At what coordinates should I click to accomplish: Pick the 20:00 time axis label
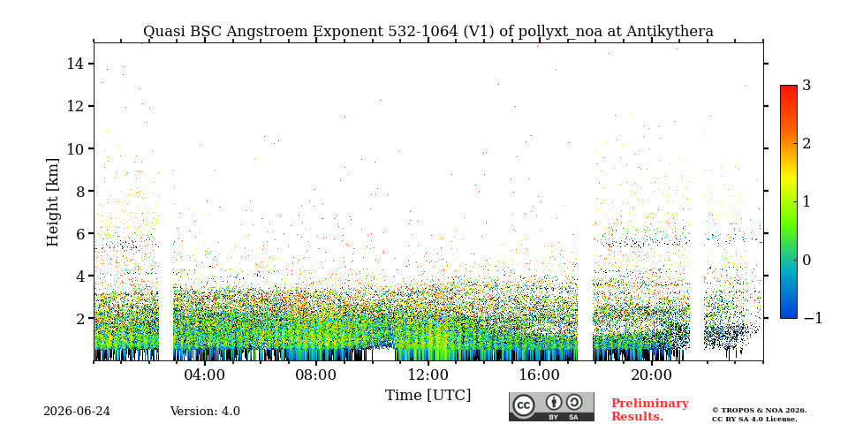click(651, 375)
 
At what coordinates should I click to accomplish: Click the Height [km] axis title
click(52, 202)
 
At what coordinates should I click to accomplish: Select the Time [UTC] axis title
click(428, 396)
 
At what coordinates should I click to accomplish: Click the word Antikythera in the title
click(670, 32)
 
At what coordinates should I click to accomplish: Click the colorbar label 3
click(806, 86)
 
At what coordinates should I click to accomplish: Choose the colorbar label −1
click(813, 319)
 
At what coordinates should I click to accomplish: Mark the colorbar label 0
click(806, 260)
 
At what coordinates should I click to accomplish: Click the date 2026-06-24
click(77, 412)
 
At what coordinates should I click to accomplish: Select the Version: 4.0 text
click(205, 412)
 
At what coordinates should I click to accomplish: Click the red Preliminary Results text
click(650, 410)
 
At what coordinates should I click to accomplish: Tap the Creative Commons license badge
click(551, 406)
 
